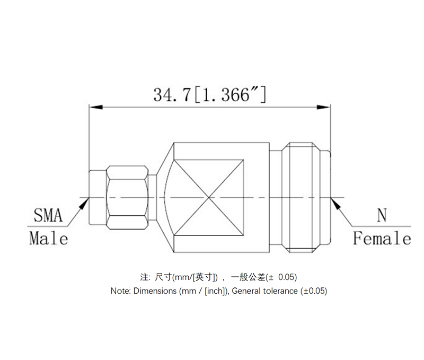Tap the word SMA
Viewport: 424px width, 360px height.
click(x=48, y=216)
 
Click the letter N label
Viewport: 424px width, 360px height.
click(x=382, y=216)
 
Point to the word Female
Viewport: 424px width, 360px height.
click(x=382, y=239)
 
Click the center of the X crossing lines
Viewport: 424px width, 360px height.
click(x=209, y=198)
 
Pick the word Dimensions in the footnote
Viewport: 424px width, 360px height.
click(x=155, y=291)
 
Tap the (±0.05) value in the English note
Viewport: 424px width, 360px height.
click(x=314, y=291)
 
